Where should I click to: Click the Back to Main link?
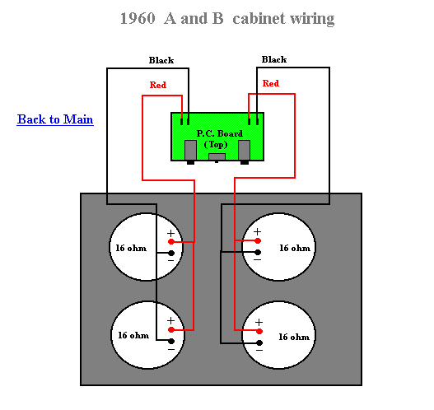(x=55, y=119)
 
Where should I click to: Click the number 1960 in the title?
(x=138, y=19)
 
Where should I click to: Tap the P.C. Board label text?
(x=220, y=133)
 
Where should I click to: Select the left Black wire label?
(x=161, y=60)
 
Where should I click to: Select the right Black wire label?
(x=274, y=59)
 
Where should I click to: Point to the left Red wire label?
(x=158, y=85)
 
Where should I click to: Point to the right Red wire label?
(x=271, y=83)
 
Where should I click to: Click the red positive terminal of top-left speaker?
(x=171, y=242)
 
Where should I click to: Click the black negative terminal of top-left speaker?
(x=171, y=253)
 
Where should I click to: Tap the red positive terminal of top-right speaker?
(x=258, y=240)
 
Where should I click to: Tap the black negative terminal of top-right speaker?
(x=258, y=252)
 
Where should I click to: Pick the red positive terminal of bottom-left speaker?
(x=171, y=330)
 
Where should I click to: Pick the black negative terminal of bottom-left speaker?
(x=171, y=341)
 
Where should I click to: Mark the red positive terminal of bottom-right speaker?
(x=259, y=331)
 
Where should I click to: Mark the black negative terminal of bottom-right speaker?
(x=259, y=342)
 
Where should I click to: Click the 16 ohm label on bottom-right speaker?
(x=294, y=337)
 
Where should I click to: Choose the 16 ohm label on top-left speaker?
(x=131, y=248)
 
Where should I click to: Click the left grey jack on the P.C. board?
(x=190, y=150)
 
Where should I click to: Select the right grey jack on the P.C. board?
(x=244, y=150)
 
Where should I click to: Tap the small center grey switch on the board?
(x=217, y=157)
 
